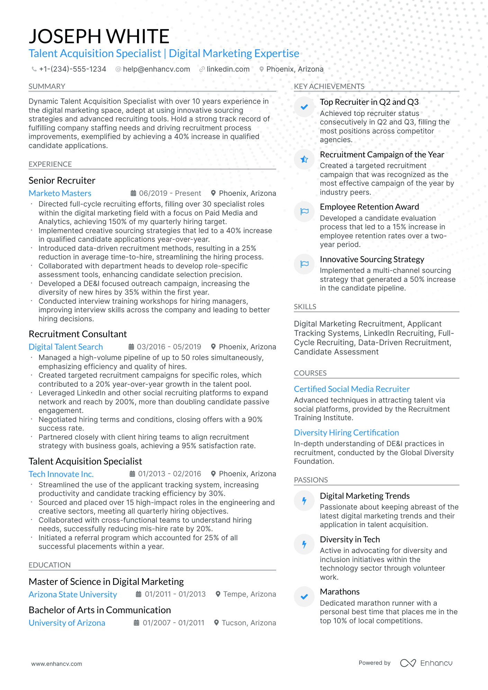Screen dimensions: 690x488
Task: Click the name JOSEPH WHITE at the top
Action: pos(99,36)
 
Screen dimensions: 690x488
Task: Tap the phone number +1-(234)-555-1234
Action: pos(72,69)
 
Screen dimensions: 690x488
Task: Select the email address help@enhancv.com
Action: pos(156,69)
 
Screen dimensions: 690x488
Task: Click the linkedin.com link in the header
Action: pos(228,69)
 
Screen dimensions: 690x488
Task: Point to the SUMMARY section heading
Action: pos(47,86)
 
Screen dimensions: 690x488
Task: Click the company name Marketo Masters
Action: pos(60,193)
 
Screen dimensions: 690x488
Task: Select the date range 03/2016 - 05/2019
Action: pos(169,347)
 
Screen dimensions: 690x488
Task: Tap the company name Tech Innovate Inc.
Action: pos(61,474)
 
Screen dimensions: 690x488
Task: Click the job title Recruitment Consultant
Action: pos(78,334)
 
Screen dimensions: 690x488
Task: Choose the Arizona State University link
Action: pos(73,595)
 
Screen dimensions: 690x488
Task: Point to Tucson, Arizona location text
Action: pos(248,623)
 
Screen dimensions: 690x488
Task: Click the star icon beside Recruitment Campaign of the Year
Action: pos(304,159)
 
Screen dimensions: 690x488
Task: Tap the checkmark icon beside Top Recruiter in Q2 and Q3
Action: pos(304,107)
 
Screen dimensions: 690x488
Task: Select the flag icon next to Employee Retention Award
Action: pos(304,212)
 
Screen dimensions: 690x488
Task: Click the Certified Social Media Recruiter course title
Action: pos(352,389)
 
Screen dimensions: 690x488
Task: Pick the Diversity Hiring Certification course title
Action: pos(346,433)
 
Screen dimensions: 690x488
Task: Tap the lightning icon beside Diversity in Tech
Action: pos(304,544)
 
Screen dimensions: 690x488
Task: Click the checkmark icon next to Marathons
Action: pos(304,597)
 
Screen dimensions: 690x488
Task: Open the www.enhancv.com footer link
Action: pos(57,664)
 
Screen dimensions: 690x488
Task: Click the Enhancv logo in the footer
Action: pos(426,663)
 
